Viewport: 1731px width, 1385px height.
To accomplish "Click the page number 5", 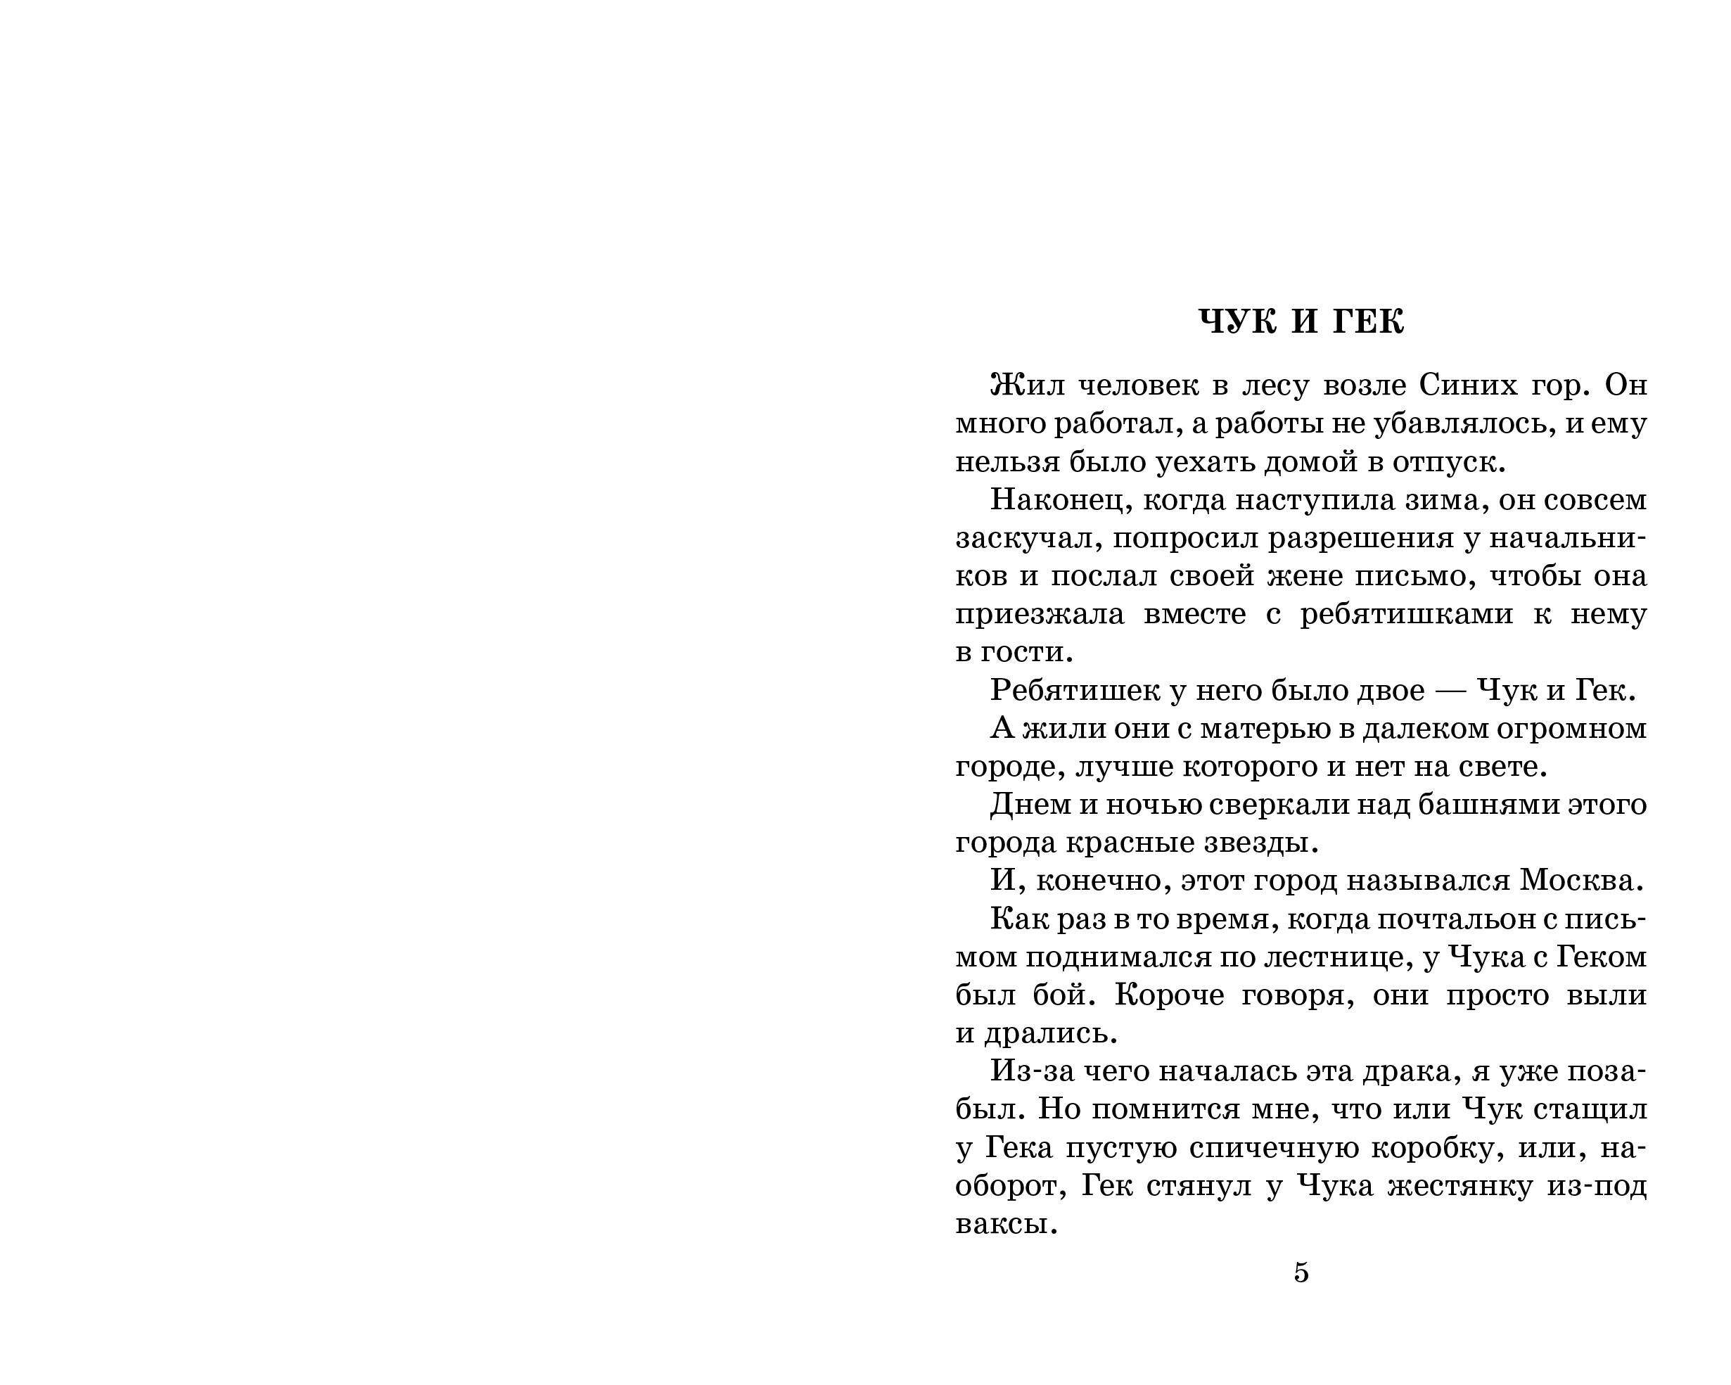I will coord(1301,1272).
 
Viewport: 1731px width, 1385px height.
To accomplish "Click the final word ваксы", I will coord(1004,1225).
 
